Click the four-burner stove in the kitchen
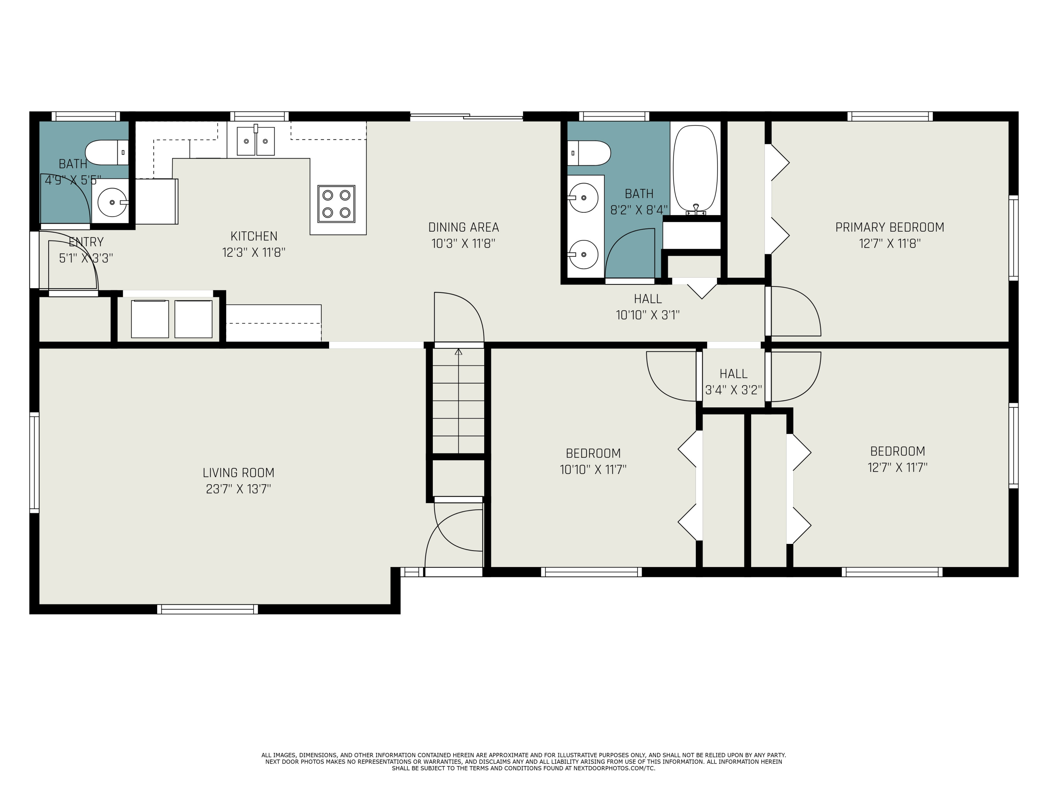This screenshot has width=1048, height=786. point(336,204)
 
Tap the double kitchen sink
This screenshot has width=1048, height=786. point(256,141)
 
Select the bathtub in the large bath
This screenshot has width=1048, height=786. point(695,168)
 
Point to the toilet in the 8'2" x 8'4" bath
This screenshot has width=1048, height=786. point(589,153)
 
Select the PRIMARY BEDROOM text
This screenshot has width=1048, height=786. point(889,227)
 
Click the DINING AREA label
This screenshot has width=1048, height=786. point(463,227)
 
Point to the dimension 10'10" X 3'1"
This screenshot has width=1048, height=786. point(648,315)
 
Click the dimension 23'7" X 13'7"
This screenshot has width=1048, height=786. point(238,489)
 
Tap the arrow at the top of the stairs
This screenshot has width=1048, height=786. point(458,352)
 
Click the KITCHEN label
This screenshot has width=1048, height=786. point(254,236)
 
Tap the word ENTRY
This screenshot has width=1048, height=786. point(86,242)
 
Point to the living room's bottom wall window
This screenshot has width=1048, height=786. point(208,609)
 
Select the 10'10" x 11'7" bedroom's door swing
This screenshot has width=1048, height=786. point(672,377)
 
